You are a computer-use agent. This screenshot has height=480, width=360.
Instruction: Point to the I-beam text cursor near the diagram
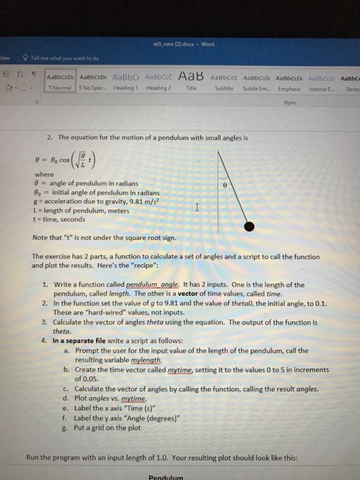[197, 206]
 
